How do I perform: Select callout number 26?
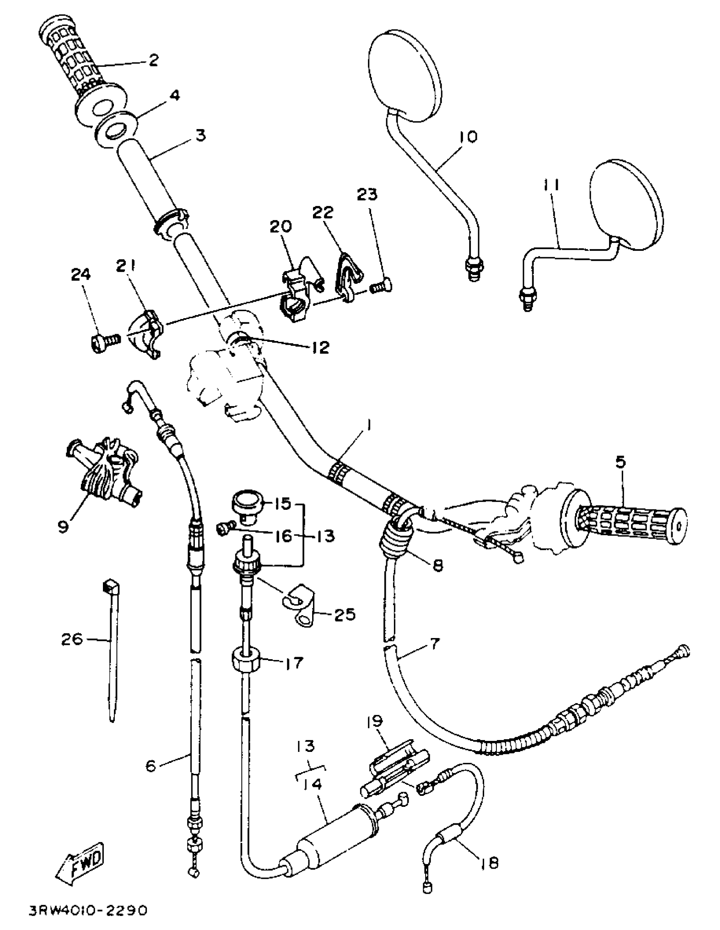[x=72, y=639]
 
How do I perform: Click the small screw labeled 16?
[x=225, y=529]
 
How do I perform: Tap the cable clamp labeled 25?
[x=300, y=609]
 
